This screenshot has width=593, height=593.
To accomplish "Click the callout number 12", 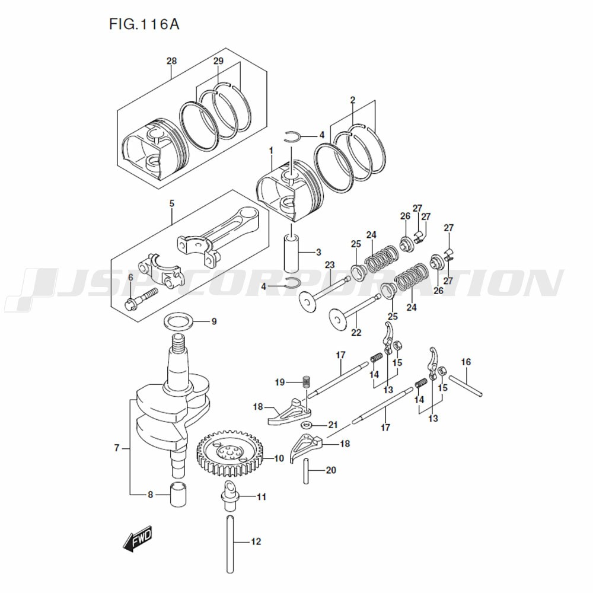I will point(256,541).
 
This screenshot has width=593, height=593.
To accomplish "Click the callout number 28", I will point(171,61).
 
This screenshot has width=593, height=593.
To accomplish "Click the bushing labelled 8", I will point(178,495).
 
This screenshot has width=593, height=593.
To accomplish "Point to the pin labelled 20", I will point(308,470).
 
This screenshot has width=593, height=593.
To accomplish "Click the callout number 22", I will point(356,333).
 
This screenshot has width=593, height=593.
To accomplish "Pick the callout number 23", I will point(330,264).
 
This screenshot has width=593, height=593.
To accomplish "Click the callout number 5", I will point(171,203).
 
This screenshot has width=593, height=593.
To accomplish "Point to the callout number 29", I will point(218,61).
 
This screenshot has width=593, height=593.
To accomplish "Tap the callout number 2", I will point(352,100).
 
